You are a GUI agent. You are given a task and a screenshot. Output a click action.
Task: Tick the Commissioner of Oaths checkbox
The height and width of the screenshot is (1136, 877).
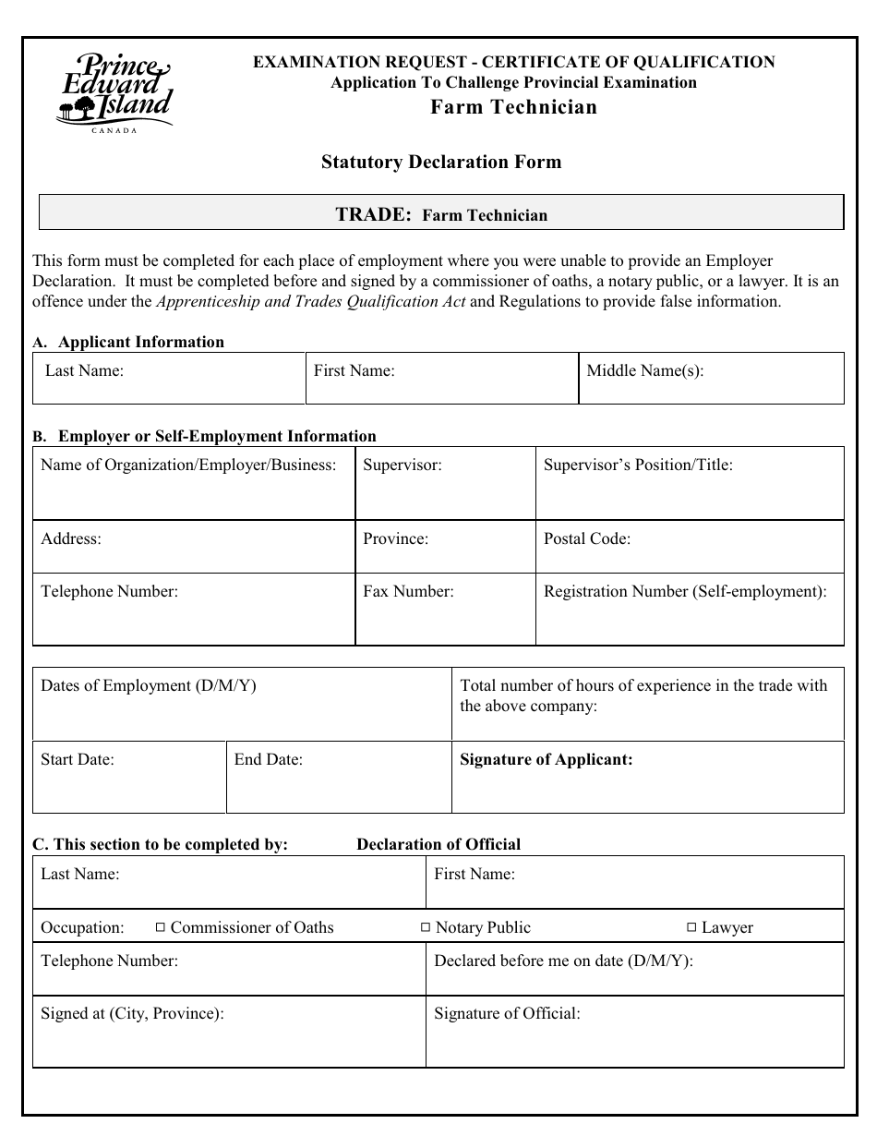160,927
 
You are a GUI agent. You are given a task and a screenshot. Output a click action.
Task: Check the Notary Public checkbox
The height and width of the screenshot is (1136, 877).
426,927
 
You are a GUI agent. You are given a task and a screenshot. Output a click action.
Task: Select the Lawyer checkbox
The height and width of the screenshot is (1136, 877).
691,927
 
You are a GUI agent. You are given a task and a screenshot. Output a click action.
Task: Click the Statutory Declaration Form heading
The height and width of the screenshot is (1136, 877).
440,163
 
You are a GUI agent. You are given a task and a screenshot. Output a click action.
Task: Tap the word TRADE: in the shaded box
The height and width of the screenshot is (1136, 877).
373,214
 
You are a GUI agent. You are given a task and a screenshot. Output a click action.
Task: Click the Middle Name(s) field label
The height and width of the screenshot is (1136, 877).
644,371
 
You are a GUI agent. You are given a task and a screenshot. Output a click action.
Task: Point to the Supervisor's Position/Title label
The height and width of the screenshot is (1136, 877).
637,465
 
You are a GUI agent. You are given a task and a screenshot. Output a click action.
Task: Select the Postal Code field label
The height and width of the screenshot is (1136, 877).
586,538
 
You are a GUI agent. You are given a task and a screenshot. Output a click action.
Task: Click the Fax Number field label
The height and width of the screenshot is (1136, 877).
408,591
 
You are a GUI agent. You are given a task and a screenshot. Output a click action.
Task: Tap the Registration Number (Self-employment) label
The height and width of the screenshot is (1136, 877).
684,591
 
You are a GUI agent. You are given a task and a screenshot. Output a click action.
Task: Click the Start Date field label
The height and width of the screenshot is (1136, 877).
78,759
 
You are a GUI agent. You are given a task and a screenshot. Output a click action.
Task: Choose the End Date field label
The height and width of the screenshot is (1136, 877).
268,759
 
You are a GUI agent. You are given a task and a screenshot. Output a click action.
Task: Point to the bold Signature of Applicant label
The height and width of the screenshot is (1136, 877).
546,759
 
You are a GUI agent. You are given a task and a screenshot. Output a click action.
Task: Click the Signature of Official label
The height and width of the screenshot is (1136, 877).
507,1013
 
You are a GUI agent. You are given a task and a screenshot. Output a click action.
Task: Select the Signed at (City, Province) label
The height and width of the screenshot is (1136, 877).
132,1013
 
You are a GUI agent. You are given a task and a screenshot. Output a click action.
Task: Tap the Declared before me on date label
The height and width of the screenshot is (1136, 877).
563,961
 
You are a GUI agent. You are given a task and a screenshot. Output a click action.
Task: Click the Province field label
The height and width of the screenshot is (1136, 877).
395,538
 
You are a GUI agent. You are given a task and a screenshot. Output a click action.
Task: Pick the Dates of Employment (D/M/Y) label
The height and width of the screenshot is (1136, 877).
148,685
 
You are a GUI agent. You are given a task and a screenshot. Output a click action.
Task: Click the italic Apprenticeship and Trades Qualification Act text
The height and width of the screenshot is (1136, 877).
312,301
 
